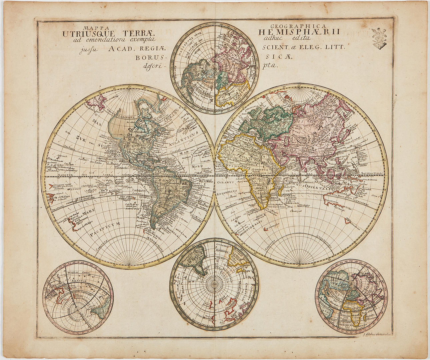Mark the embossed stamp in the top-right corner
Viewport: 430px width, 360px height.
pyautogui.click(x=380, y=38)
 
